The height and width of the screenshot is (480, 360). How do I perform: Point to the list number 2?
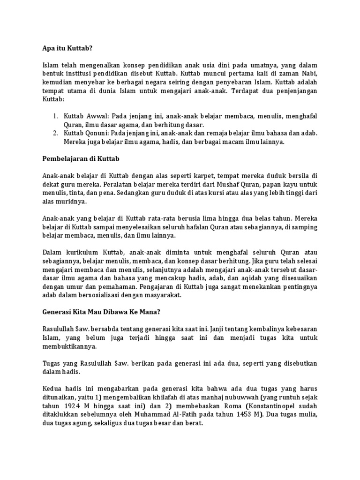(x=54, y=133)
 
